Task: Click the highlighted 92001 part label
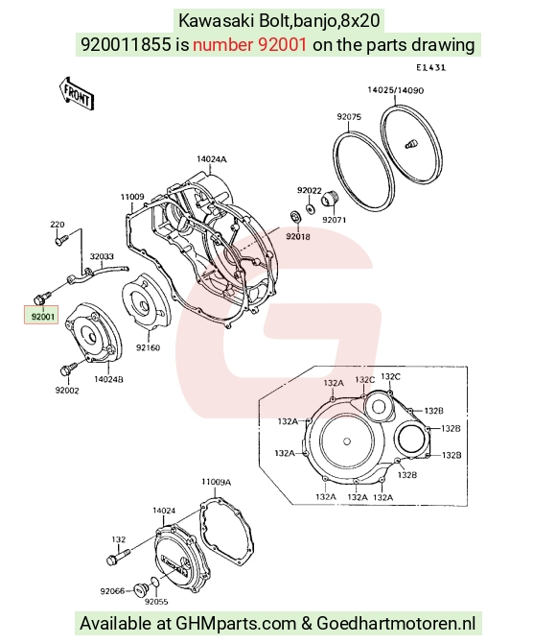tap(43, 317)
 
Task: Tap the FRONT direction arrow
tap(77, 94)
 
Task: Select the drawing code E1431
tap(430, 68)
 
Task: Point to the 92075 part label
tap(349, 117)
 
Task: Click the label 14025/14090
tap(396, 90)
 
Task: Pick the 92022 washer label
tap(310, 191)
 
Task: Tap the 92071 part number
tap(334, 220)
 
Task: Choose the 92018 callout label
tap(298, 236)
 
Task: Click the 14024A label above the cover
tap(212, 159)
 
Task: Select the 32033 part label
tap(102, 256)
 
